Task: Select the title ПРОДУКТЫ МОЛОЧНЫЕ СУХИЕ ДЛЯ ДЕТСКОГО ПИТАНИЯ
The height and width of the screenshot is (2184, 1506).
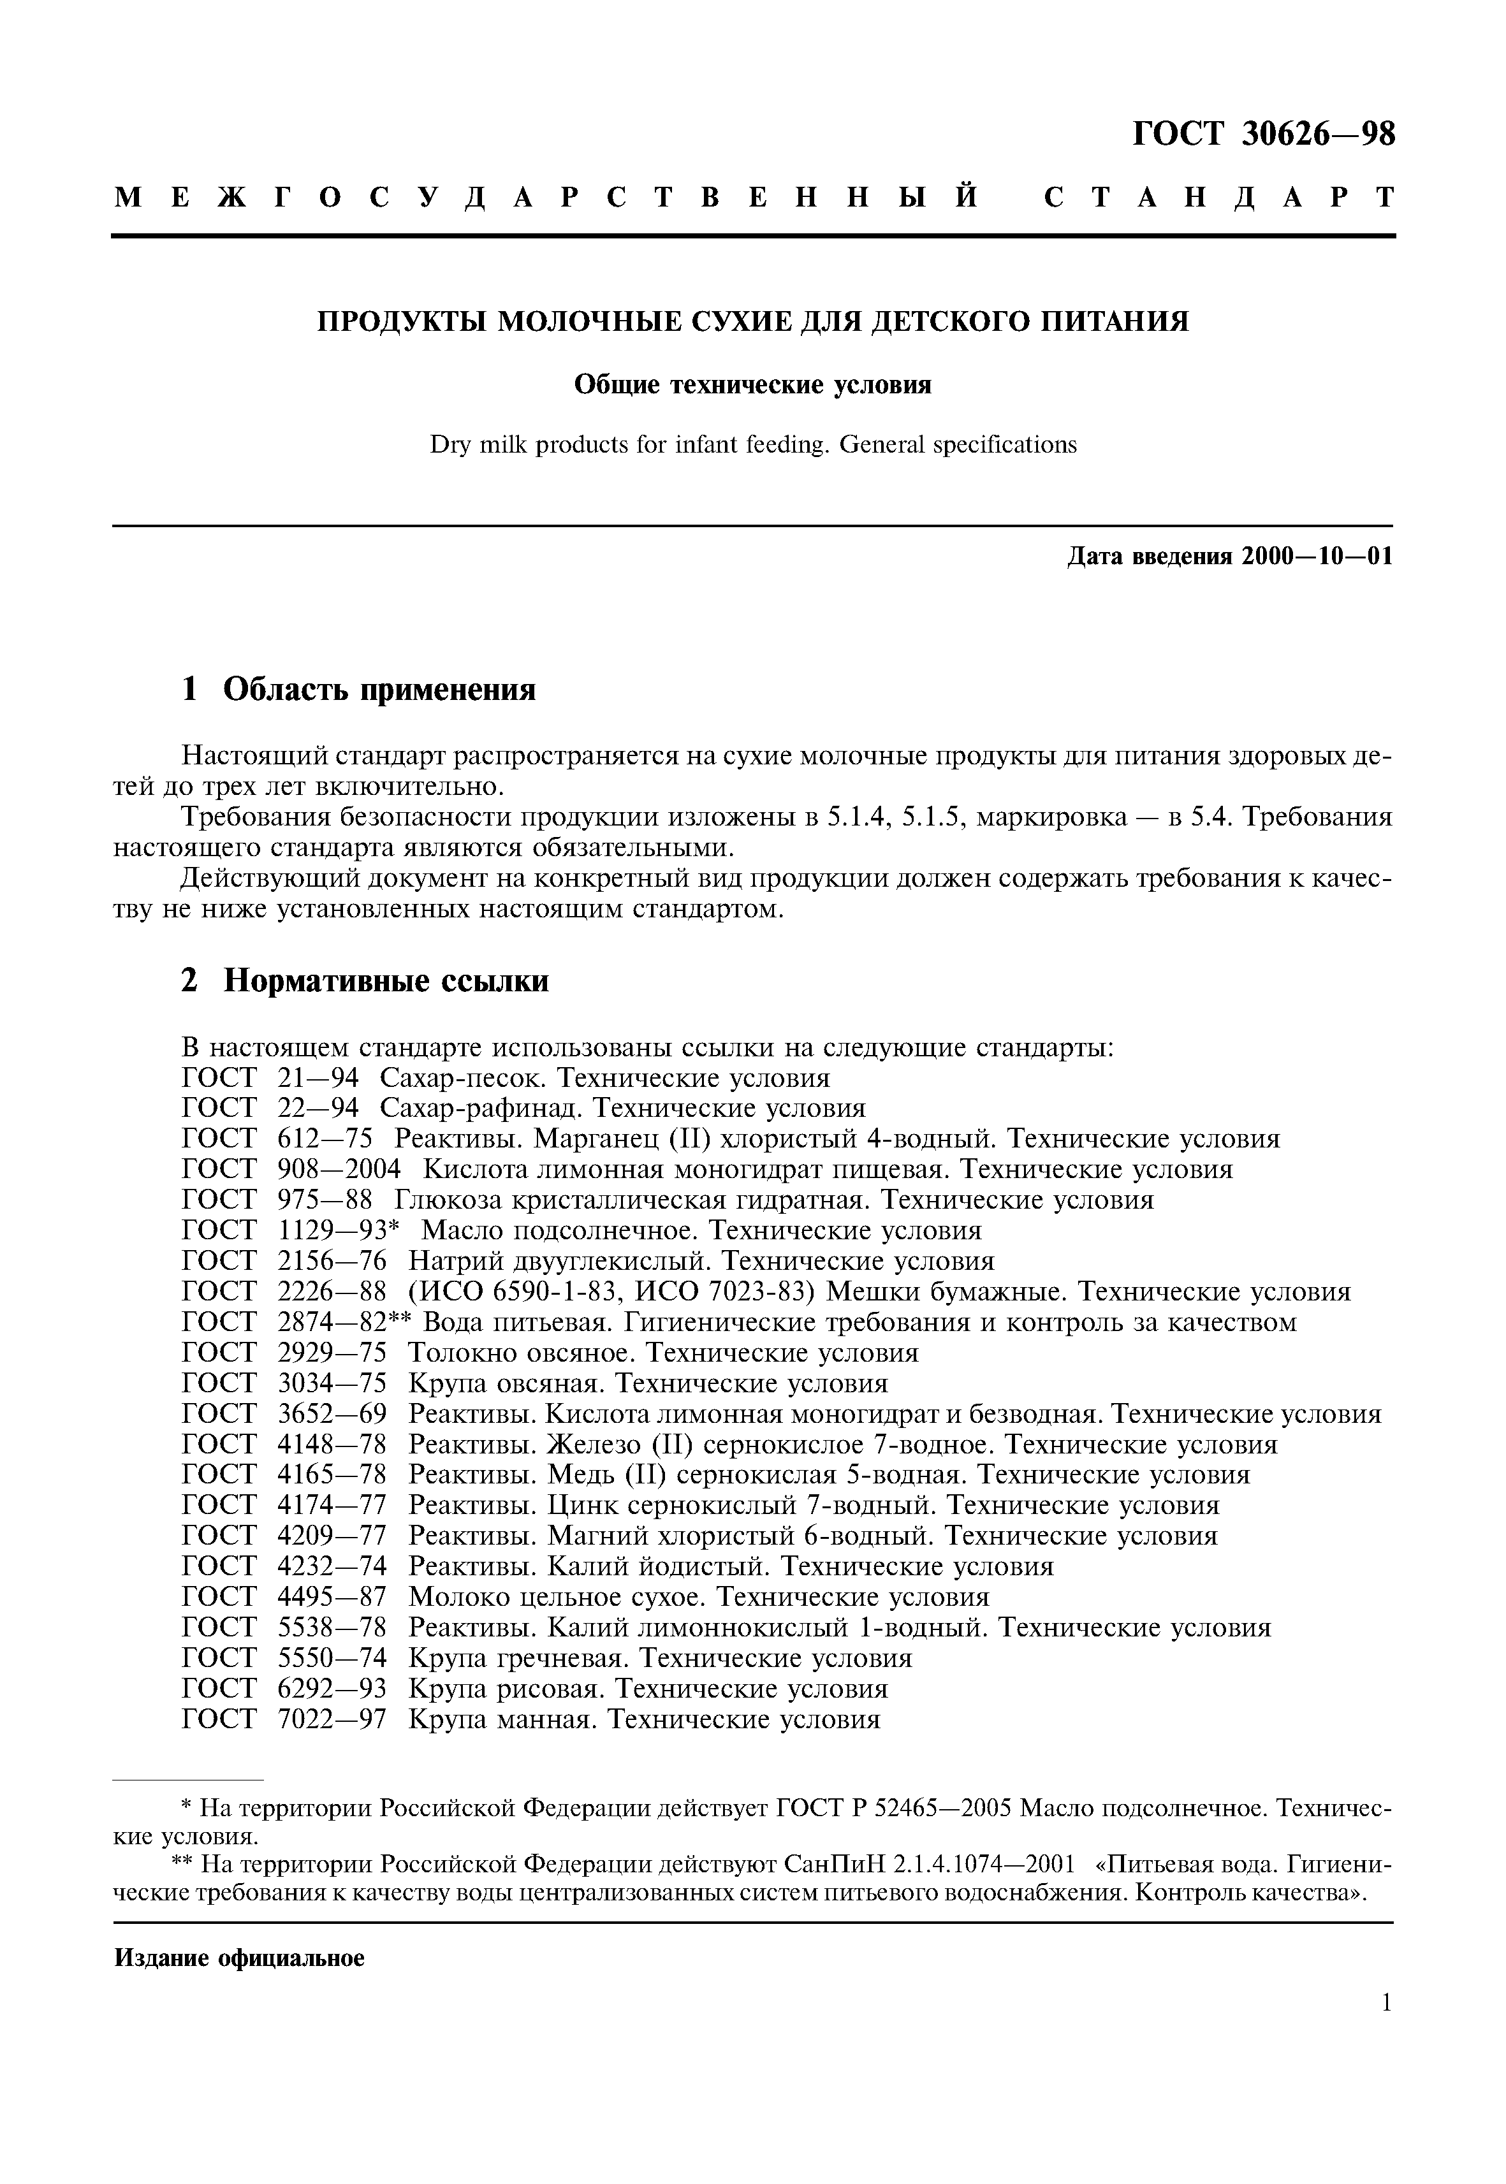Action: click(752, 322)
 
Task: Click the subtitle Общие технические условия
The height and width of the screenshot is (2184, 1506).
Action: click(752, 385)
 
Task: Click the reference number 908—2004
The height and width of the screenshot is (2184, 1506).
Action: click(339, 1170)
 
